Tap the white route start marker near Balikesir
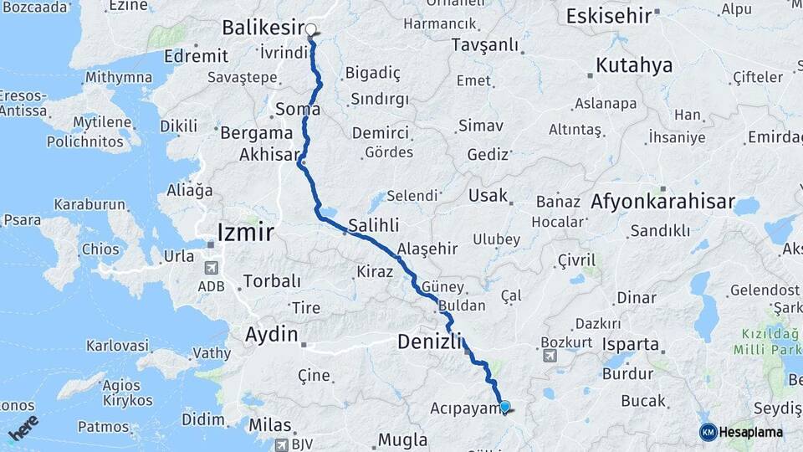coord(311,31)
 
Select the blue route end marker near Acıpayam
coord(504,407)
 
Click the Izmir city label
coord(245,230)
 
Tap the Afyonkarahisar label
coord(662,202)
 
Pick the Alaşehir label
coord(427,249)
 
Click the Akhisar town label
coord(269,155)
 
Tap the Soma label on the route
coord(298,110)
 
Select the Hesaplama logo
coord(741,432)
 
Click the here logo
coord(25,429)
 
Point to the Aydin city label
coord(271,335)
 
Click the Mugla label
coord(402,439)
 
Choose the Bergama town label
coord(257,132)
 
